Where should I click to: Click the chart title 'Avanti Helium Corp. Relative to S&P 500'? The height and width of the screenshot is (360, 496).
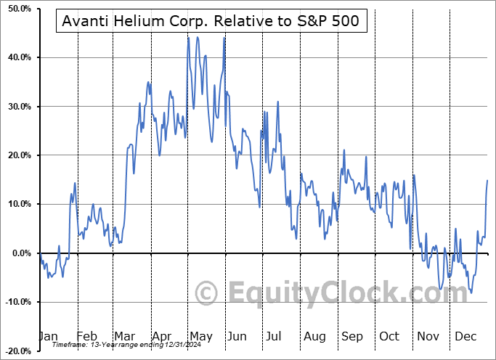tap(211, 22)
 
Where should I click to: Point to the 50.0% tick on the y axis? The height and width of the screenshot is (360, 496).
tap(17, 9)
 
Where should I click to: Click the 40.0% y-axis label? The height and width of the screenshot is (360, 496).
tap(17, 57)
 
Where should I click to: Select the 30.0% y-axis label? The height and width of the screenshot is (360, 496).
tap(17, 107)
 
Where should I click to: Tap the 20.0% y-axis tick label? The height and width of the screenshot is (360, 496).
tap(17, 155)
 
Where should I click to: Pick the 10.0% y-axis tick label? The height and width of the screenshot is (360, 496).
tap(17, 204)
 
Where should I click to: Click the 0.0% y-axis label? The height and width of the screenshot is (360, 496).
tap(19, 253)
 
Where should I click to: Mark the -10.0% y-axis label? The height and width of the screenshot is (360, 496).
tap(15, 302)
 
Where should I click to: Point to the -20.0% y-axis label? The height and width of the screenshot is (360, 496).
tap(15, 351)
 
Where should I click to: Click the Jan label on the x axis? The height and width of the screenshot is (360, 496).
tap(48, 337)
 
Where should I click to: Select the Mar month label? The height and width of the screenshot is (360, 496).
tap(125, 337)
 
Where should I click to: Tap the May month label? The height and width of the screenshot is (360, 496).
tap(200, 337)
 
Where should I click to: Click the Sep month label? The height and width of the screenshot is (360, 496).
tap(352, 337)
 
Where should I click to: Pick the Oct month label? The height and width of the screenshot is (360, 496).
tap(390, 337)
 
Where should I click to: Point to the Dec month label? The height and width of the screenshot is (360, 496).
tap(466, 337)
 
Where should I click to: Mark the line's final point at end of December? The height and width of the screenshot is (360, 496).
tap(487, 180)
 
